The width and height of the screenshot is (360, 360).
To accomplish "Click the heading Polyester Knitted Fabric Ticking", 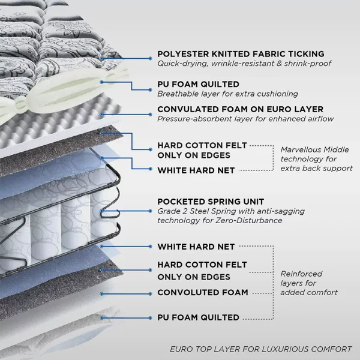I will tap(241, 54).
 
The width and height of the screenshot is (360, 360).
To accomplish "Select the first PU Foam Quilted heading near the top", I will tap(199, 84).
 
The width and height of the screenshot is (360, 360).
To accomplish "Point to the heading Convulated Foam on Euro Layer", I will tap(240, 109).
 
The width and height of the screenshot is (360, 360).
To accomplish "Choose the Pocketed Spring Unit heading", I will tap(209, 202).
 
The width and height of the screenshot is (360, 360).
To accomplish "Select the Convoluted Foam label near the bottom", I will tap(202, 292).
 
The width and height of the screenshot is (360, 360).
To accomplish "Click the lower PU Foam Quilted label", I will tap(199, 317).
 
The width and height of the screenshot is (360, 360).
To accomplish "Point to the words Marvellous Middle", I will tap(314, 150).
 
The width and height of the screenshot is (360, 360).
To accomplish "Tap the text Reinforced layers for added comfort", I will tap(309, 283).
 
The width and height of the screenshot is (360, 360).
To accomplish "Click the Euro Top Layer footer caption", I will tap(260, 349).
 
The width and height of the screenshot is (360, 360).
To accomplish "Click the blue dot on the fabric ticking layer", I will tap(103, 58).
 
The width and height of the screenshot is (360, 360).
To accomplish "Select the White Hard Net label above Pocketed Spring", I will tap(196, 170).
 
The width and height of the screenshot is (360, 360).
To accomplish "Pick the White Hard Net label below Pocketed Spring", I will tap(196, 247).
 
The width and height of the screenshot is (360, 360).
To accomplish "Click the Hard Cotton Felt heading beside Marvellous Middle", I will tap(202, 151).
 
